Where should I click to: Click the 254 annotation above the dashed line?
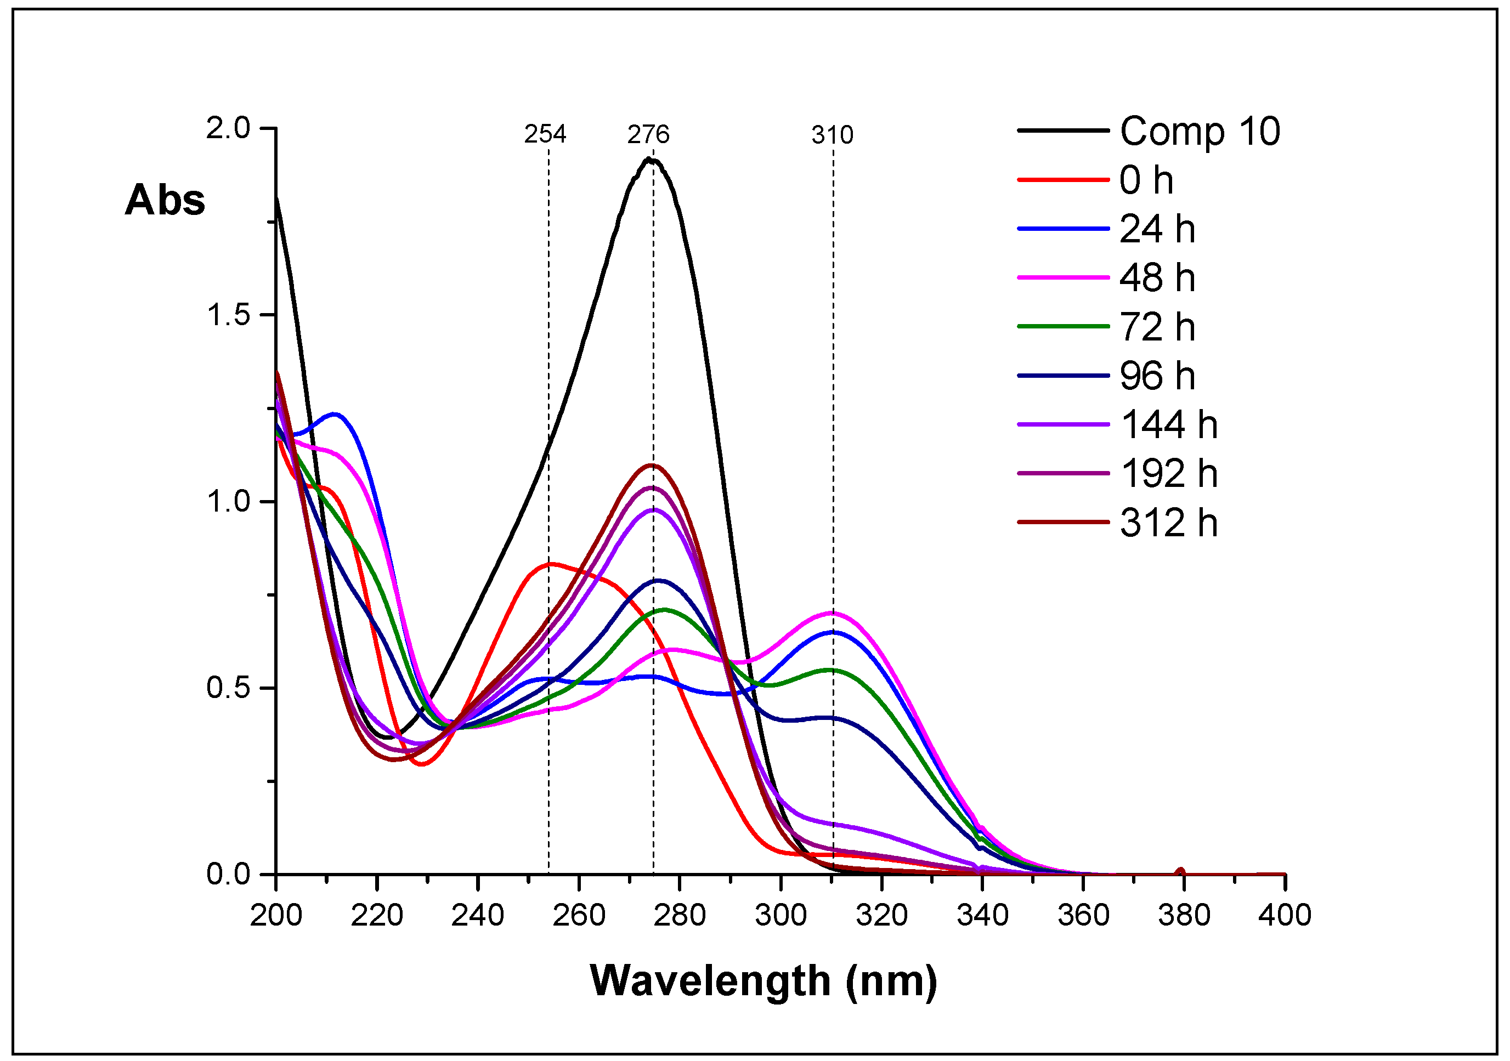545,134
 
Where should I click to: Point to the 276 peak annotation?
648,134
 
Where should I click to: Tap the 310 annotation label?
832,135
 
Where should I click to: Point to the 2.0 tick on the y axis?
228,128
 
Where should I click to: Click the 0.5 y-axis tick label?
228,688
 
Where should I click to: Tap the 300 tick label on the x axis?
781,915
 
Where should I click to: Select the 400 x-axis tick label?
1285,915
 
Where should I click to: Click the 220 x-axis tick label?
377,915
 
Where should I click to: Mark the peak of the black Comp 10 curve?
650,159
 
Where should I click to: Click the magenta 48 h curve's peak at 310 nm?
833,612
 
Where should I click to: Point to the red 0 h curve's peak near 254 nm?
551,563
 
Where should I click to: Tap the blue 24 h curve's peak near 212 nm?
336,413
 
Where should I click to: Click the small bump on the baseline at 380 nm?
1180,871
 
